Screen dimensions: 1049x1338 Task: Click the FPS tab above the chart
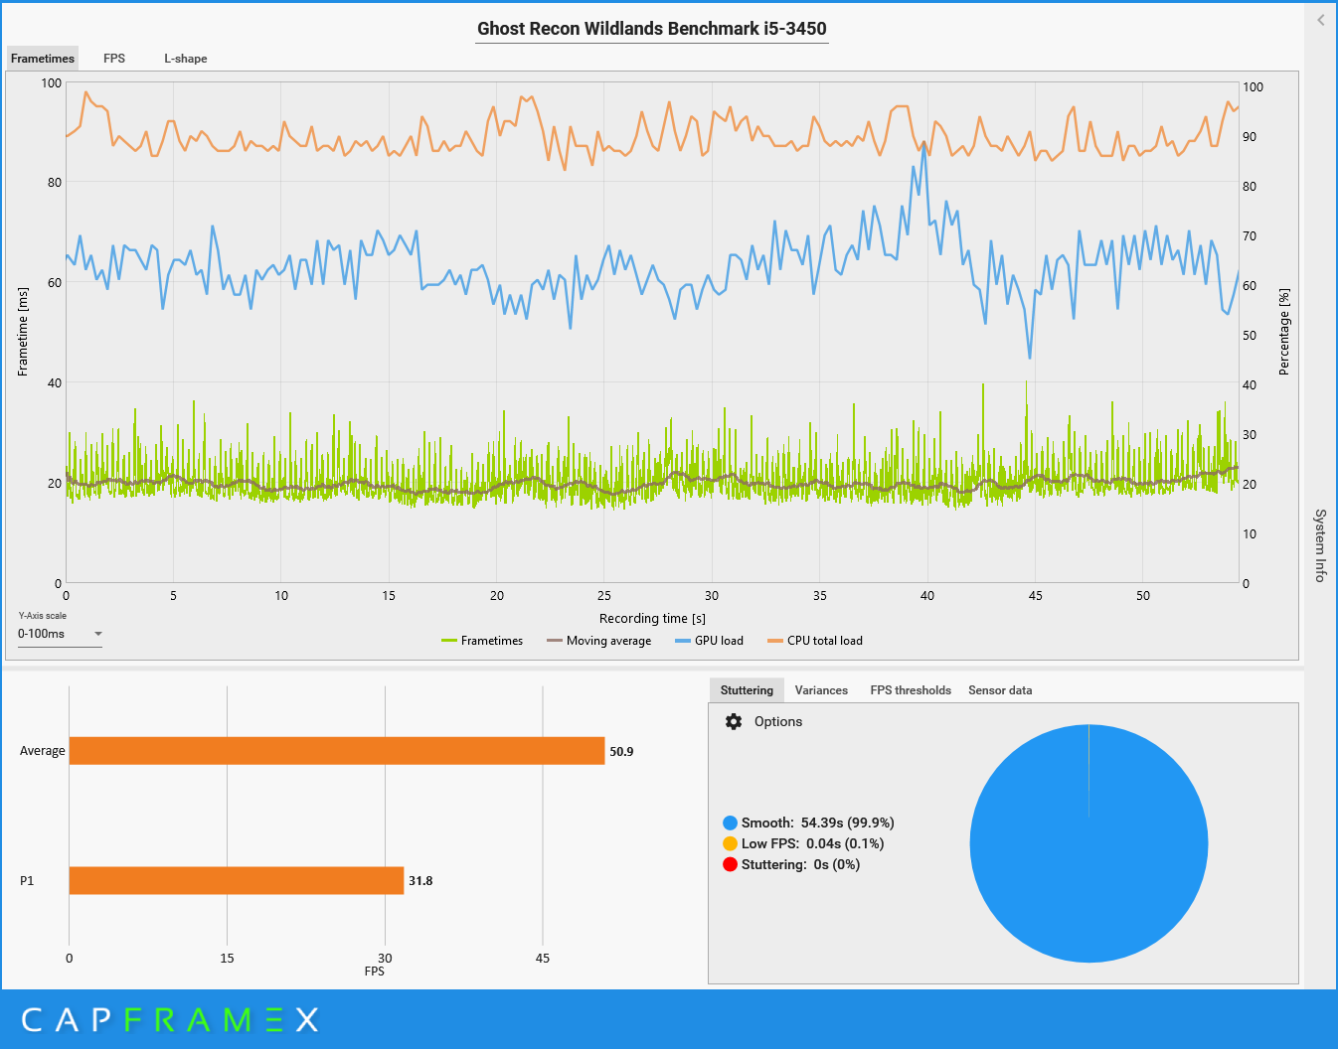[x=114, y=59]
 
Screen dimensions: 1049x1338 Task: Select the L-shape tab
[x=186, y=59]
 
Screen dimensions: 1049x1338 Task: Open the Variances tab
[x=821, y=690]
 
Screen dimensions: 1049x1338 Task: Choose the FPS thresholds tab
[x=911, y=690]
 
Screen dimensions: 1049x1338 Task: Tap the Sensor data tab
[x=1000, y=690]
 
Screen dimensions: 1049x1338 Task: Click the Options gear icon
[x=734, y=722]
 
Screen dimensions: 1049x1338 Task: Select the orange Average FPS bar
[x=337, y=751]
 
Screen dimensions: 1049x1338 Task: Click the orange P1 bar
[x=237, y=880]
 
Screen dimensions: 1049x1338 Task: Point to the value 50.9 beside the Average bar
[x=621, y=752]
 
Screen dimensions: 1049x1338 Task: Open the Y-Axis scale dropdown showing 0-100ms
[x=60, y=634]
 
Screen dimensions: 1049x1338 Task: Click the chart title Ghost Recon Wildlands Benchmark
[x=652, y=29]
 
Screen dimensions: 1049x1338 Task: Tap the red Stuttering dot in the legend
[x=730, y=864]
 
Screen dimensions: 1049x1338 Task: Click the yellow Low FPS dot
[x=730, y=843]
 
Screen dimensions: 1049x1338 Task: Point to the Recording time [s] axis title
[x=652, y=618]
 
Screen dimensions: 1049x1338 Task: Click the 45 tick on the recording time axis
[x=1036, y=596]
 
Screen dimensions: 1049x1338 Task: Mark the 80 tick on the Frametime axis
[x=54, y=183]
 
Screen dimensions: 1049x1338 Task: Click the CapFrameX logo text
[x=170, y=1019]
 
